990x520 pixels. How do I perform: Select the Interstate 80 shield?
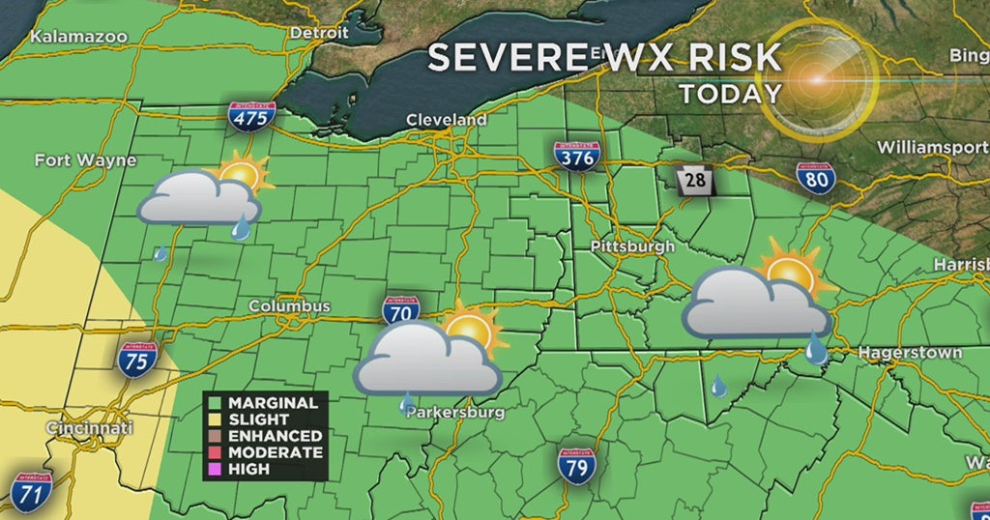tap(817, 178)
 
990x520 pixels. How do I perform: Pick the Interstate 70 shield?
tap(400, 310)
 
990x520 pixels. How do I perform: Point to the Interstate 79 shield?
tap(576, 465)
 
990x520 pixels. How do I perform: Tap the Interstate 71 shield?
tap(31, 491)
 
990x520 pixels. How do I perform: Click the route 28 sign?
tap(692, 180)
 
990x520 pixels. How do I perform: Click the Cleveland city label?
tap(446, 120)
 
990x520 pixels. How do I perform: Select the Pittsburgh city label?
tap(632, 246)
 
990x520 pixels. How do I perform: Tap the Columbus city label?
tap(289, 306)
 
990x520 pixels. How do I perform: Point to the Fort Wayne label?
tap(85, 160)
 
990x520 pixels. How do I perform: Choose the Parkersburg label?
tap(455, 412)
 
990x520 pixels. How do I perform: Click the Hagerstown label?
tap(911, 353)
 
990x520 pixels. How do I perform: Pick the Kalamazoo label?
tap(79, 37)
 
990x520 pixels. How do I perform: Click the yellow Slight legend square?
tap(218, 419)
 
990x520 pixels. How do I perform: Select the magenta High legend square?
tap(218, 469)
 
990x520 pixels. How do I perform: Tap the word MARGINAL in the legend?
tap(274, 403)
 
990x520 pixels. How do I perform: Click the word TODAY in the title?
tap(730, 94)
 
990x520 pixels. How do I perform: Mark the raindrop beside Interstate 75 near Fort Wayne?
tap(160, 254)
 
